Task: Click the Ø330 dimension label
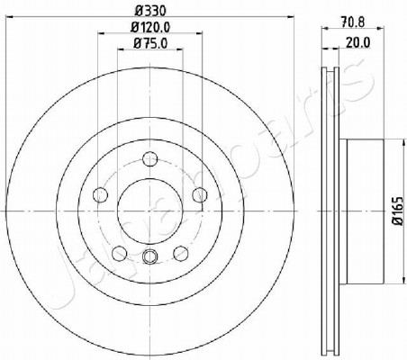point(150,11)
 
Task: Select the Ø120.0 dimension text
point(150,27)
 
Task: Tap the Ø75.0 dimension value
point(150,44)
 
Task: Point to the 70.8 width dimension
point(353,22)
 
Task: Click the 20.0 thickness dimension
point(358,42)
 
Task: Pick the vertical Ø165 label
point(398,211)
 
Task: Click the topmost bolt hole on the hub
point(150,159)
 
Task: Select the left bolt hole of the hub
point(101,195)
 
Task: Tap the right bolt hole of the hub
point(200,195)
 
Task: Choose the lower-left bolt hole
point(120,254)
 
